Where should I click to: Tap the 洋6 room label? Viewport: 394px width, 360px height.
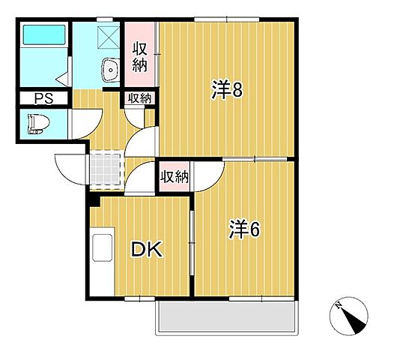[x=243, y=229]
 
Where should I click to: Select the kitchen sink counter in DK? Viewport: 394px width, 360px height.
[x=100, y=254]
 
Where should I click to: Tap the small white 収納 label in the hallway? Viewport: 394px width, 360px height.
[x=139, y=97]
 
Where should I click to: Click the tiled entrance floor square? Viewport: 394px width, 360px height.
[x=106, y=166]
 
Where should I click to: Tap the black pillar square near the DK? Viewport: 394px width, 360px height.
[x=94, y=199]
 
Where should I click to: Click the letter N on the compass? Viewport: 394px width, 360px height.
[x=339, y=306]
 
